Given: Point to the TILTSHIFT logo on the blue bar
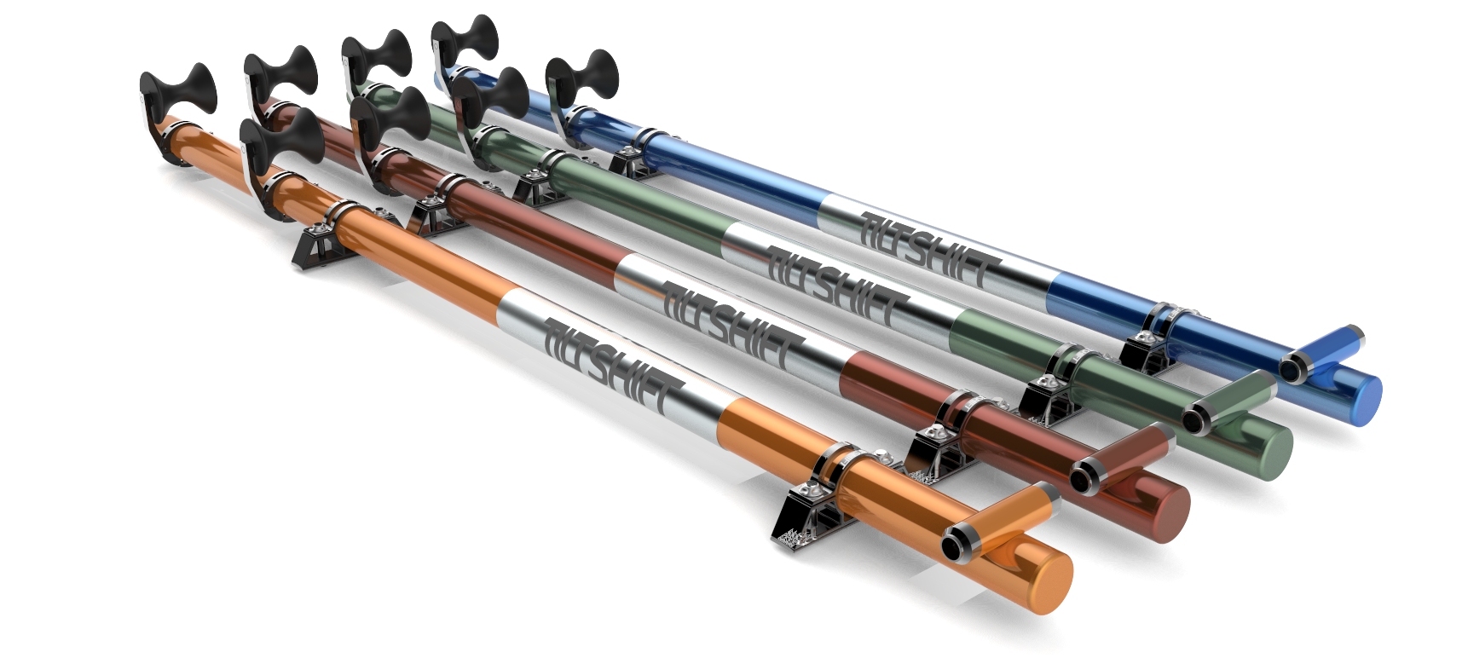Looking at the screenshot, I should pos(929,248).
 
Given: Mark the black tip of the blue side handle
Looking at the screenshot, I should pos(1292,369).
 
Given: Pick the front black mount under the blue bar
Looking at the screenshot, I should pos(1142,352).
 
